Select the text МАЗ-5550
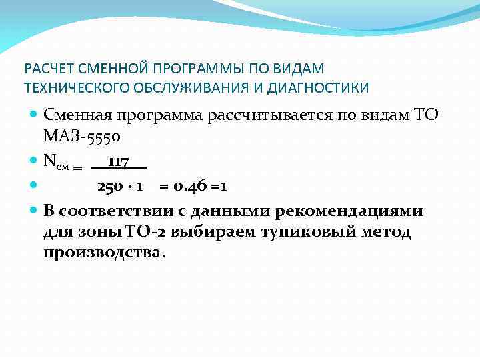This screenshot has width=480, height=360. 81,137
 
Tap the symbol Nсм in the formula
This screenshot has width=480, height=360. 56,162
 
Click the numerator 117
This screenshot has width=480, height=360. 118,161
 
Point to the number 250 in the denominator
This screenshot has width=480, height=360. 109,187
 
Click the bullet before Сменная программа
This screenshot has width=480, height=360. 35,115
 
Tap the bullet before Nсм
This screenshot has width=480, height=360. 35,161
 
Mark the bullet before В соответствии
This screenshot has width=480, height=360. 35,211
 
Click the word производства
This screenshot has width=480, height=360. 102,253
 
